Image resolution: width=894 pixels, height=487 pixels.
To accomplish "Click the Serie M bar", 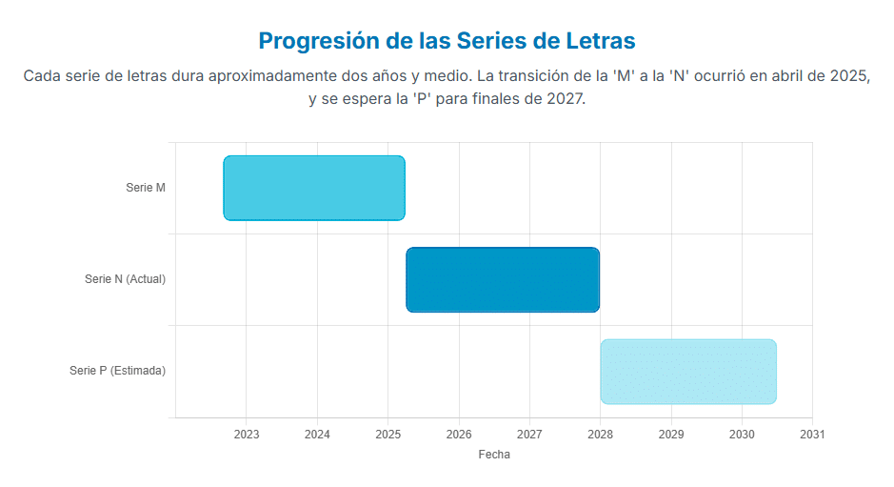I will point(314,188).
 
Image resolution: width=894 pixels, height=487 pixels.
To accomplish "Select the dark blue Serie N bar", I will point(503,279).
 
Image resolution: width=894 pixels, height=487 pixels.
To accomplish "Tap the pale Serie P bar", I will point(688,371).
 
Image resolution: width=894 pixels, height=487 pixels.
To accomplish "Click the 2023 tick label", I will point(246,435).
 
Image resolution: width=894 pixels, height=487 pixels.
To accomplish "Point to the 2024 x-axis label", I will point(317,435).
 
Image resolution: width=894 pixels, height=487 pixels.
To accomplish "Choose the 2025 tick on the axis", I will point(387,435).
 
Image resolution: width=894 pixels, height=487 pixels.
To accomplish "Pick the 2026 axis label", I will point(459,435).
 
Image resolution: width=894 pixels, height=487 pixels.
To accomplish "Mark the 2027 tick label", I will point(529,435).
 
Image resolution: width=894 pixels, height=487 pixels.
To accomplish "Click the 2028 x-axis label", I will point(600,435).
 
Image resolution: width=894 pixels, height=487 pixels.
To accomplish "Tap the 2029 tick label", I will point(671,435).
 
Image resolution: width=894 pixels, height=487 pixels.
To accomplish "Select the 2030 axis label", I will point(742,435).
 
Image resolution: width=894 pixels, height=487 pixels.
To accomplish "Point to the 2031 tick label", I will point(812,435).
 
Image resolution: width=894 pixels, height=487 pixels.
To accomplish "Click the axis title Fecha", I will point(494,455).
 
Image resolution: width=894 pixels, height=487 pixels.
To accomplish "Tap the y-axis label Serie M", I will point(146,188).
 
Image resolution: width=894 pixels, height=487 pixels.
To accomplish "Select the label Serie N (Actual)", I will point(125,279).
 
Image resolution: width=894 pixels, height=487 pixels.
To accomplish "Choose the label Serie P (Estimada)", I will point(117,371).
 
